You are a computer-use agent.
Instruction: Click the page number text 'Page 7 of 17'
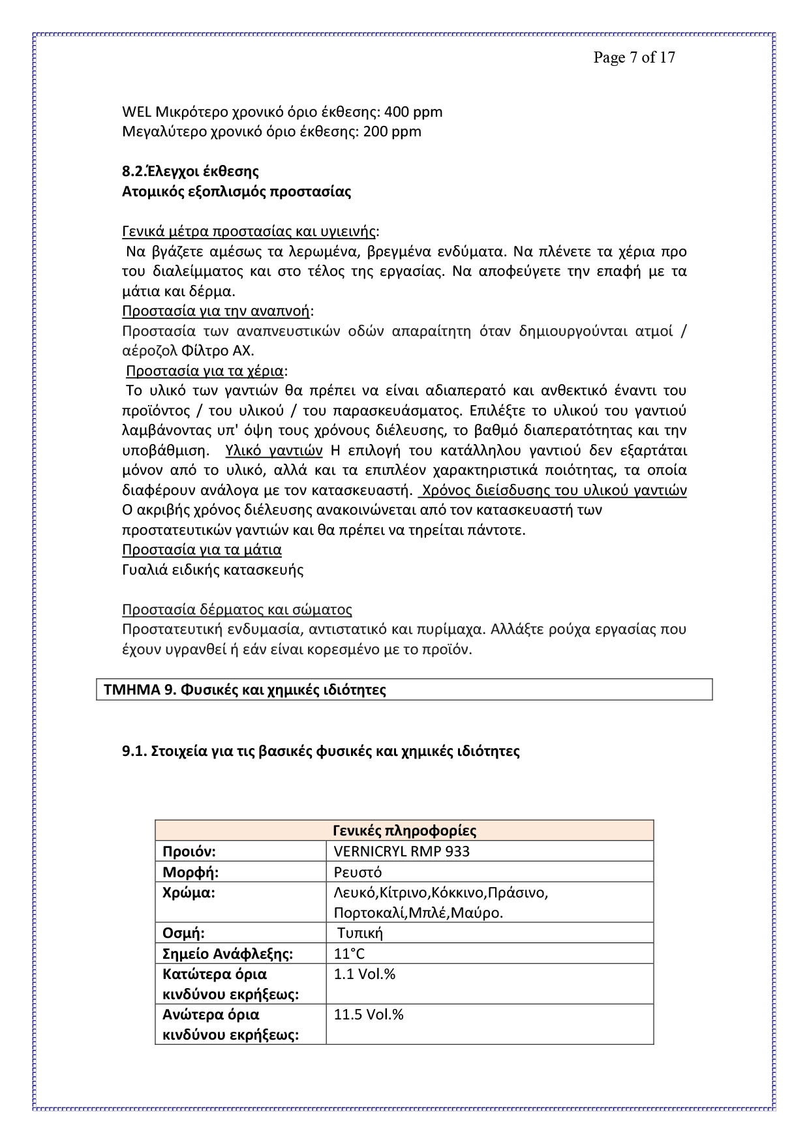pyautogui.click(x=633, y=57)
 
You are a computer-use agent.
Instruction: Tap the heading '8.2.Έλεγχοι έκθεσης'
pyautogui.click(x=190, y=172)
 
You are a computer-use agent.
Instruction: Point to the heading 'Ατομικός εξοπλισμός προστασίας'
pyautogui.click(x=236, y=192)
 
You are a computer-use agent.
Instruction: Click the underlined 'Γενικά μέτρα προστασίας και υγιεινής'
pyautogui.click(x=249, y=232)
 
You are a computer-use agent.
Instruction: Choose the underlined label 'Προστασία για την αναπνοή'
pyautogui.click(x=216, y=310)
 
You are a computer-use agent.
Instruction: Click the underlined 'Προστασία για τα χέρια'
pyautogui.click(x=205, y=371)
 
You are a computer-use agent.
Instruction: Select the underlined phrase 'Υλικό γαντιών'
pyautogui.click(x=274, y=451)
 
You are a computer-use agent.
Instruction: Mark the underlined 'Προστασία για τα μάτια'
pyautogui.click(x=202, y=549)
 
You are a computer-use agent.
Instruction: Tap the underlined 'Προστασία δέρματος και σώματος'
pyautogui.click(x=237, y=610)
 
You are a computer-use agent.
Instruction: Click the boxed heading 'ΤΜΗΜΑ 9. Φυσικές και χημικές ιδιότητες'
pyautogui.click(x=245, y=689)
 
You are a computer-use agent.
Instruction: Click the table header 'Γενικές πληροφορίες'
pyautogui.click(x=404, y=831)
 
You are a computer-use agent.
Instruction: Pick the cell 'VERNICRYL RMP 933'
pyautogui.click(x=401, y=851)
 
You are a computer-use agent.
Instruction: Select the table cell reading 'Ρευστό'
pyautogui.click(x=358, y=872)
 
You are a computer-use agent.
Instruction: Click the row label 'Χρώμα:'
pyautogui.click(x=189, y=893)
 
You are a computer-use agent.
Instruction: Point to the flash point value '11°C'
pyautogui.click(x=349, y=954)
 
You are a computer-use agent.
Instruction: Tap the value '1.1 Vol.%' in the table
pyautogui.click(x=365, y=974)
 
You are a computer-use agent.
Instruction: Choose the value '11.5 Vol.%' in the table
pyautogui.click(x=369, y=1014)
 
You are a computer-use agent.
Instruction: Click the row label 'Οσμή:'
pyautogui.click(x=183, y=933)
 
